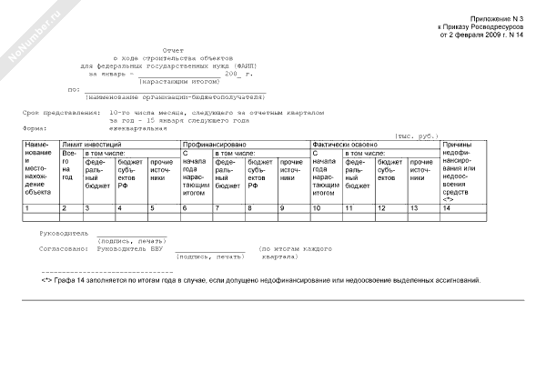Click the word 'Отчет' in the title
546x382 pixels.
pos(172,51)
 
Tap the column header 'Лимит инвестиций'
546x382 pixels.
pos(93,145)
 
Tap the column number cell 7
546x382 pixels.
pos(216,209)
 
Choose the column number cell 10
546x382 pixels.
pos(315,209)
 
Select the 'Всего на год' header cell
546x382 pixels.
pos(68,166)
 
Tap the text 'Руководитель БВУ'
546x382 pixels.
pos(127,248)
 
